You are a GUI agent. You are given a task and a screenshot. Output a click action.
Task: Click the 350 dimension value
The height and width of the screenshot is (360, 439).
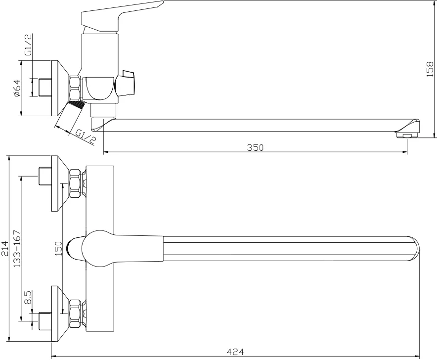pyautogui.click(x=255, y=147)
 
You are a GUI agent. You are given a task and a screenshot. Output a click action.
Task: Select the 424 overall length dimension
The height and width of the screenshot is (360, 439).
pyautogui.click(x=235, y=352)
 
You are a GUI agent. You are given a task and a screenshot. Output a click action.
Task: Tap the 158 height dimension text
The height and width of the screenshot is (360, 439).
pyautogui.click(x=430, y=69)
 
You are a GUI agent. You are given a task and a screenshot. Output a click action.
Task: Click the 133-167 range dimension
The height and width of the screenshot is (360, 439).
pyautogui.click(x=17, y=249)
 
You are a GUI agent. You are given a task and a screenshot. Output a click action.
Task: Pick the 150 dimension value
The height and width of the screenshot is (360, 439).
pyautogui.click(x=58, y=248)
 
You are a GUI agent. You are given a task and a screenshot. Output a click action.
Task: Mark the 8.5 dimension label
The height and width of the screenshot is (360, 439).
pyautogui.click(x=29, y=298)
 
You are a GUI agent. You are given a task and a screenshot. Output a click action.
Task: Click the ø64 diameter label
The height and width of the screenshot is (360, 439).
pyautogui.click(x=17, y=88)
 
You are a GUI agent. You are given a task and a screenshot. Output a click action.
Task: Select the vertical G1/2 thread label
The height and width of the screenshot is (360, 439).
pyautogui.click(x=28, y=45)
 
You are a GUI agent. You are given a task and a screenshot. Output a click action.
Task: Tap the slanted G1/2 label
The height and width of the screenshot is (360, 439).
pyautogui.click(x=86, y=136)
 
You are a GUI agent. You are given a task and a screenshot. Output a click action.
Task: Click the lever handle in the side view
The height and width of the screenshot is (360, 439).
pyautogui.click(x=122, y=16)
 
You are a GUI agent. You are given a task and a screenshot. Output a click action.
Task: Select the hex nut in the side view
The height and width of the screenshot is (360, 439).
pyautogui.click(x=75, y=88)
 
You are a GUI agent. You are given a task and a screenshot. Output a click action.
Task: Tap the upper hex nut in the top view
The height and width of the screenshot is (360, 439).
pyautogui.click(x=75, y=183)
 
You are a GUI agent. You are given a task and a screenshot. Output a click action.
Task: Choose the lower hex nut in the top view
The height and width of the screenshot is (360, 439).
pyautogui.click(x=75, y=314)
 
